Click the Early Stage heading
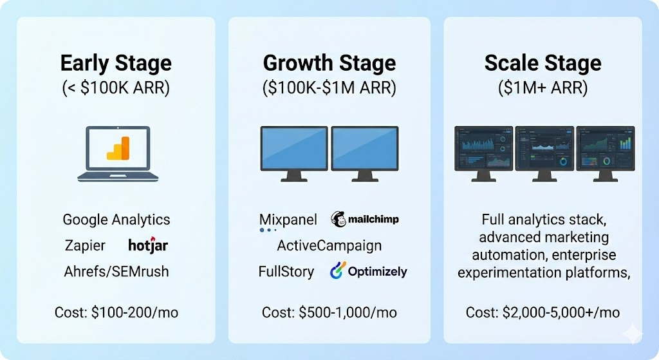(116, 64)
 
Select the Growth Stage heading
(329, 64)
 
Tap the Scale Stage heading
(543, 64)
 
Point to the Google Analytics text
(116, 220)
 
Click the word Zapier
(85, 245)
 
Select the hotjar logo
(148, 245)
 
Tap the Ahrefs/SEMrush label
(116, 271)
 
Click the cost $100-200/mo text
(116, 313)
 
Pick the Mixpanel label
(288, 220)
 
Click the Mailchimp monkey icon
(339, 220)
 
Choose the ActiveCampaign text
(329, 245)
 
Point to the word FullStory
(286, 271)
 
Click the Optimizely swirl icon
(338, 271)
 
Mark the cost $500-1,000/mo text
(329, 313)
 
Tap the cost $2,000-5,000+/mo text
(543, 313)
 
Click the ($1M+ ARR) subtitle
(543, 88)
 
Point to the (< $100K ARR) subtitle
(116, 88)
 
